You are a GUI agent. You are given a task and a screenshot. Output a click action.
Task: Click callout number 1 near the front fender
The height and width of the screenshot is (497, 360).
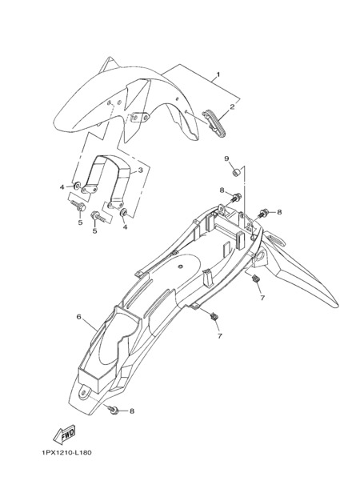coord(218,74)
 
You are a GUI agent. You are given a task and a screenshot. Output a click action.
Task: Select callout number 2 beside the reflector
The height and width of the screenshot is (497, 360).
coord(232,106)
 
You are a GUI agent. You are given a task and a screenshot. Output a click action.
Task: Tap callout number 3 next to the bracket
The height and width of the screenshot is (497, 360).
coord(141,170)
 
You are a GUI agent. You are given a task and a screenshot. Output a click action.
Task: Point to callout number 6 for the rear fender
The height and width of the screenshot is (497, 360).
coord(79,317)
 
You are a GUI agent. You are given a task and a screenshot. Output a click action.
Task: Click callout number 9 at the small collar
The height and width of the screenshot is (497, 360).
coord(227,158)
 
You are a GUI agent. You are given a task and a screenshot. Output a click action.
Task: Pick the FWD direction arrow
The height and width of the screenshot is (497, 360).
coord(64,433)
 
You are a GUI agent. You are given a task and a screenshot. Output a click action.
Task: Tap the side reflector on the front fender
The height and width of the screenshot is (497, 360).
coord(214,123)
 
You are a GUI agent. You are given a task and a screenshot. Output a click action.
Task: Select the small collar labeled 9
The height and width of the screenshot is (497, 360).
coord(237,173)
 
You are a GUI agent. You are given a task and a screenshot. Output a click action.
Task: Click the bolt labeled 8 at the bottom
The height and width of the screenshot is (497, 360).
coord(114,409)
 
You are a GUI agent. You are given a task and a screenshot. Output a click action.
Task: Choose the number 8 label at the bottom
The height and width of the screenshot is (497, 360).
coord(132,411)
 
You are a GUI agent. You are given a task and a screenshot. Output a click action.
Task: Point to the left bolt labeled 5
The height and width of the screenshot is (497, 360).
coord(78,206)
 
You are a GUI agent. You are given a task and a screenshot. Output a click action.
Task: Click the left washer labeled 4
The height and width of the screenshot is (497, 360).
coord(77,185)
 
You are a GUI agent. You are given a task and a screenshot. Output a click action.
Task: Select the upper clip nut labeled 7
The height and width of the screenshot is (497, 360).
coord(254,279)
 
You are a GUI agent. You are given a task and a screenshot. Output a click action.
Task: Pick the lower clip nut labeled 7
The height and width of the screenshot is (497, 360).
coord(214,315)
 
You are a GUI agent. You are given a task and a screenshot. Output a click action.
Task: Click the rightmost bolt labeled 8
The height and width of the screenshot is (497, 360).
coord(264,213)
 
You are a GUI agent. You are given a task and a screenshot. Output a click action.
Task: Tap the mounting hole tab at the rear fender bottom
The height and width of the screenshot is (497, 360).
coord(84,393)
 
